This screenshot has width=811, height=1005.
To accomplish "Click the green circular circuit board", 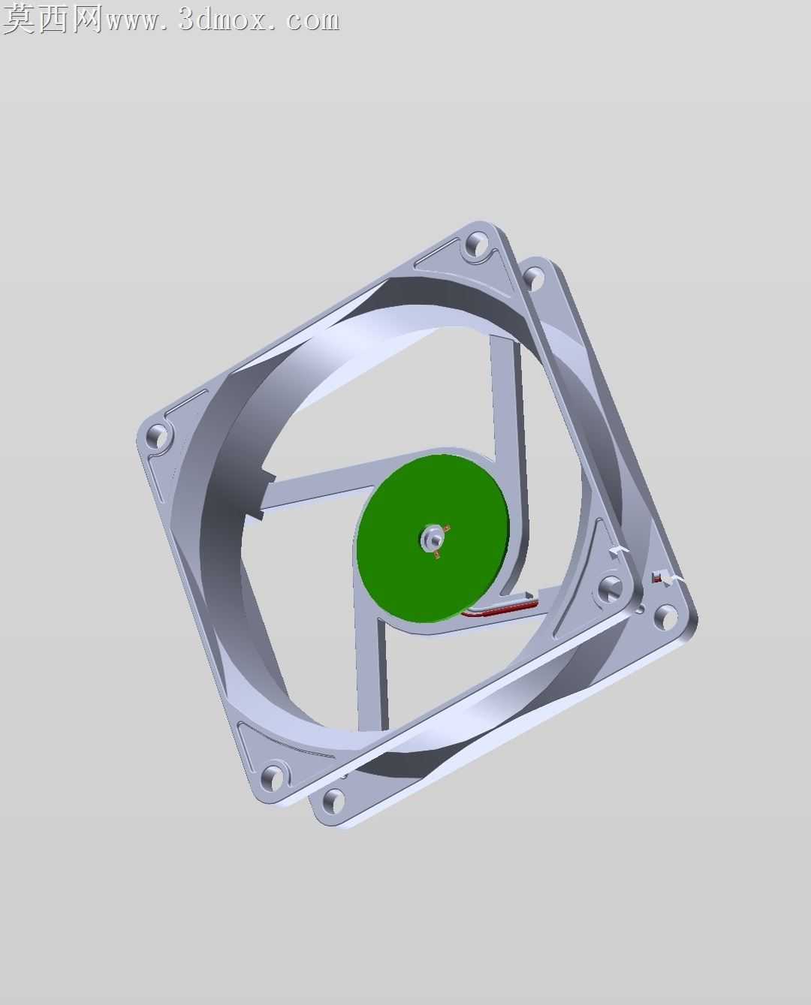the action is (433, 539).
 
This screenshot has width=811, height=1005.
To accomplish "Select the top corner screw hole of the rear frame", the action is (532, 278).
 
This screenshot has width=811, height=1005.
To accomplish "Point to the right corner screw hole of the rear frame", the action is (665, 616).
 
